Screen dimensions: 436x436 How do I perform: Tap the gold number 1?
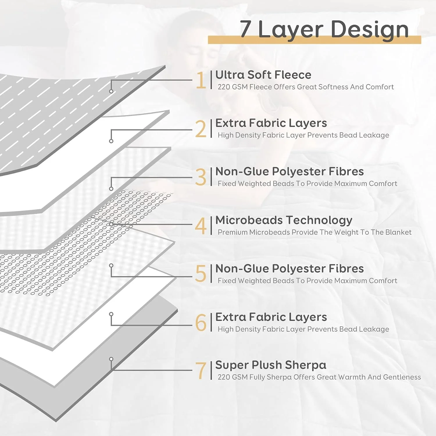click(x=201, y=80)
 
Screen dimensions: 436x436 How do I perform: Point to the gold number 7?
click(x=201, y=371)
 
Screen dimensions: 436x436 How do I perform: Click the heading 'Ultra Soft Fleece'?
click(x=263, y=75)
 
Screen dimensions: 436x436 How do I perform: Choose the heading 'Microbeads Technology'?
click(x=284, y=220)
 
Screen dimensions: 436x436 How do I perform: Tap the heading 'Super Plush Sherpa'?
click(x=271, y=365)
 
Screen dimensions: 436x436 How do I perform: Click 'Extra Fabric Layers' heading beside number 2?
click(x=271, y=123)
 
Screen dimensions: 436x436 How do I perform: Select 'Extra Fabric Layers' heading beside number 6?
click(x=271, y=317)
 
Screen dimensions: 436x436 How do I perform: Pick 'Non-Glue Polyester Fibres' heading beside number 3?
click(x=290, y=171)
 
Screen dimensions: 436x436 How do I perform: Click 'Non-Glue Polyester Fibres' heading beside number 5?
click(x=290, y=269)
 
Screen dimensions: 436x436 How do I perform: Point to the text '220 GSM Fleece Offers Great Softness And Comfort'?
click(x=305, y=87)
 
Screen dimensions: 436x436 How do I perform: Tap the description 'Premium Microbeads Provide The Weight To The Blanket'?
click(x=315, y=232)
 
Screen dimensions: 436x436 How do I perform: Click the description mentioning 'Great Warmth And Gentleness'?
click(x=319, y=377)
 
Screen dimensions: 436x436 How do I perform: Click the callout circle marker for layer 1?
click(x=111, y=91)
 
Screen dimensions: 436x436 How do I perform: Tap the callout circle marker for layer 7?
click(x=111, y=359)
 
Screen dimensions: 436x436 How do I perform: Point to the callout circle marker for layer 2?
click(x=111, y=141)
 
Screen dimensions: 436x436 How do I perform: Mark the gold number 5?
click(x=201, y=274)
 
